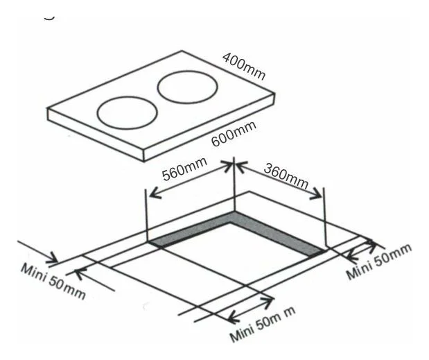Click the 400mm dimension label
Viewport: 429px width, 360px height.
(244, 67)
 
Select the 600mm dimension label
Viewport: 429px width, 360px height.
(234, 133)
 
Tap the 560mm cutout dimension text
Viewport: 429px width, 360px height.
(184, 169)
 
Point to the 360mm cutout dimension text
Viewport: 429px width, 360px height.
(286, 176)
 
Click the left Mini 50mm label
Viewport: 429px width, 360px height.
(53, 281)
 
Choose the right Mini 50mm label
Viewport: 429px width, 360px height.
(380, 261)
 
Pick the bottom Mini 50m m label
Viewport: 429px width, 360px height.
(263, 325)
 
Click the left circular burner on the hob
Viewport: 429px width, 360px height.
(128, 112)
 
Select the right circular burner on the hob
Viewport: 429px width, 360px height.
(187, 87)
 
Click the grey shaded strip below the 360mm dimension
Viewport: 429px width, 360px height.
(277, 232)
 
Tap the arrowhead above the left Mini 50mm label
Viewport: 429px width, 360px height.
(52, 258)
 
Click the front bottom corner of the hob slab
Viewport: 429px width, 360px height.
(144, 161)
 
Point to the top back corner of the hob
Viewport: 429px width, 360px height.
(182, 51)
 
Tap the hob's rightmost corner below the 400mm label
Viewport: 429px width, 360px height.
(274, 93)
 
